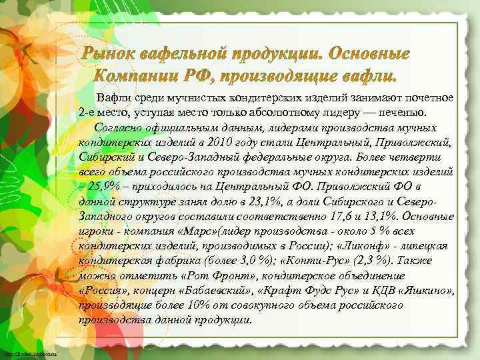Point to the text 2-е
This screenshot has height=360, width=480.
point(89,111)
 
